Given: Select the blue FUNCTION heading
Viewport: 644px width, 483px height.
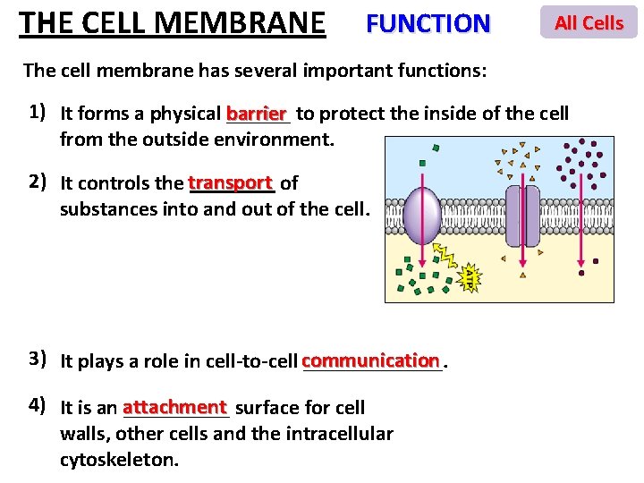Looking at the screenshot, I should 428,23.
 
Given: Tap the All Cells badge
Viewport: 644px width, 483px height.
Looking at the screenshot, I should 589,22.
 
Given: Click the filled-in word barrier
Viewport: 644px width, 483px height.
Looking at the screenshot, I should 257,114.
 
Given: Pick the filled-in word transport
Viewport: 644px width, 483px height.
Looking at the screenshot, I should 230,182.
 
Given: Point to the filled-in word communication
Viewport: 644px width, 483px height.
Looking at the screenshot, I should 371,360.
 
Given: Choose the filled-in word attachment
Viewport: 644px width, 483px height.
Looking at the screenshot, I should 175,407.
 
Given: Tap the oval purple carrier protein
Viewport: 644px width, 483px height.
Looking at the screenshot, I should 422,216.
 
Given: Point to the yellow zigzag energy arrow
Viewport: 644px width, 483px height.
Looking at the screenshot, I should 445,258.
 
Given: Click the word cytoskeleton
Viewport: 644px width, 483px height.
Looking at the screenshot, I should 119,460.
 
